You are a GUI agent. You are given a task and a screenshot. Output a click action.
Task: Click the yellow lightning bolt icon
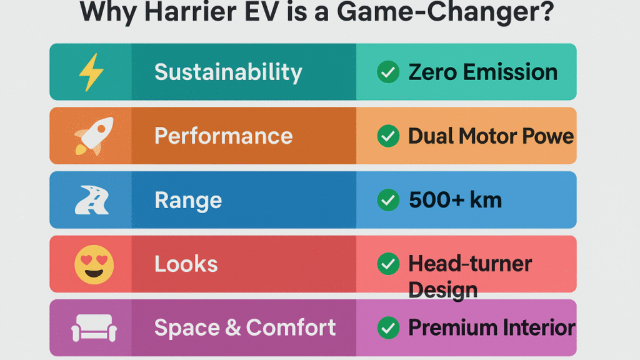[x=91, y=72]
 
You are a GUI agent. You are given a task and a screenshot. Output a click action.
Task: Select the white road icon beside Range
[x=91, y=200]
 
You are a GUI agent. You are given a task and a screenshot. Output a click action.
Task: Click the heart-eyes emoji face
[x=90, y=264]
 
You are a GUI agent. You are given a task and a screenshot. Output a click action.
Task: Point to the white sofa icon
[x=91, y=327]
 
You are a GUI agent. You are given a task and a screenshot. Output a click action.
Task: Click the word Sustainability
[x=228, y=72]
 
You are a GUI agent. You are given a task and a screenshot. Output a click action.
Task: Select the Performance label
[x=223, y=136]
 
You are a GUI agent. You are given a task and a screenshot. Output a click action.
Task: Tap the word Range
[x=187, y=200]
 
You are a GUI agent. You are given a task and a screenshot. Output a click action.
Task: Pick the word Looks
[x=186, y=264]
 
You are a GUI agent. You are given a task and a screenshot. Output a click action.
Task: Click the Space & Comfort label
[x=245, y=327]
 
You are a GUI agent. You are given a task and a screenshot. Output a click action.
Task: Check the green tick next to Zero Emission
[x=388, y=72]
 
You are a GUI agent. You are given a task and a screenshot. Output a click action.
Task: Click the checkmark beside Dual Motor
[x=388, y=136]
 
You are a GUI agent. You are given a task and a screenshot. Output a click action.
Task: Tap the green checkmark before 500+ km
[x=388, y=200]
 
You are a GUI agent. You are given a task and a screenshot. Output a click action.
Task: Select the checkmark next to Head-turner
[x=388, y=264]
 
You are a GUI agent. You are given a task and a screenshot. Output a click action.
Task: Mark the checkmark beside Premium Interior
[x=388, y=327]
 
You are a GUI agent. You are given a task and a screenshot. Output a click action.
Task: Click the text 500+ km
[x=455, y=200]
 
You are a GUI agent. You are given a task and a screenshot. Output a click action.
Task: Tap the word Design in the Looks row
[x=442, y=289]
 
